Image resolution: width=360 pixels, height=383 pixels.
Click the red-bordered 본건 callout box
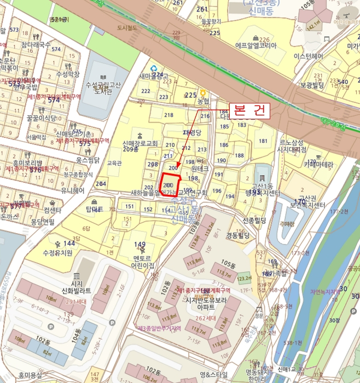pyautogui.click(x=248, y=110)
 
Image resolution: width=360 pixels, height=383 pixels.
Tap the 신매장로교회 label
pyautogui.click(x=140, y=143)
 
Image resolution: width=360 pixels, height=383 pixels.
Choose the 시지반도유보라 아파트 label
pyautogui.click(x=205, y=304)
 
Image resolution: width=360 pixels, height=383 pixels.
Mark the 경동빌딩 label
pyautogui.click(x=237, y=235)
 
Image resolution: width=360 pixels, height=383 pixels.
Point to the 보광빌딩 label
pyautogui.click(x=312, y=85)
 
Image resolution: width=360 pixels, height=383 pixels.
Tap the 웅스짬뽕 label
pyautogui.click(x=88, y=160)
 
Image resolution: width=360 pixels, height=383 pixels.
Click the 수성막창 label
pyautogui.click(x=68, y=74)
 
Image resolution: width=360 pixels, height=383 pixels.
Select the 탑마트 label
pyautogui.click(x=95, y=209)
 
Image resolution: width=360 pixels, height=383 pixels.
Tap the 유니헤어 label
pyautogui.click(x=73, y=191)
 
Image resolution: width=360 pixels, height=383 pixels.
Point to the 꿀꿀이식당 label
pyautogui.click(x=41, y=118)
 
